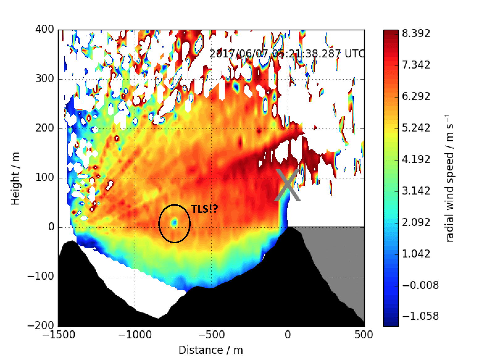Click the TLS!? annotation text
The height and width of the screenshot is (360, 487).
(x=205, y=209)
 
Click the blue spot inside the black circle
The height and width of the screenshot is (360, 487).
(x=175, y=222)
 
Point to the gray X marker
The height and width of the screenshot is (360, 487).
(x=287, y=185)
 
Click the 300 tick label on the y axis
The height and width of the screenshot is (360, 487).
(x=45, y=79)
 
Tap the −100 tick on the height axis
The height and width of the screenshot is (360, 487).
(x=40, y=276)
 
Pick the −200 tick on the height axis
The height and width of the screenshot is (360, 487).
(x=40, y=325)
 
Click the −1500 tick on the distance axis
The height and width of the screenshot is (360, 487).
(x=58, y=335)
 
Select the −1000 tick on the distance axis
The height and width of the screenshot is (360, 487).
(x=135, y=335)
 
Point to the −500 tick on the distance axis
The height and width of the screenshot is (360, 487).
(x=211, y=335)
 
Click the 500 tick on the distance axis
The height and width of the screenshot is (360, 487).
(x=364, y=335)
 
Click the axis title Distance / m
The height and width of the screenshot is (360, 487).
(x=211, y=350)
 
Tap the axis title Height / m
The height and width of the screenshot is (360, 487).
(x=16, y=178)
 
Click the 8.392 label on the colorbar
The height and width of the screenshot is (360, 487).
(x=416, y=33)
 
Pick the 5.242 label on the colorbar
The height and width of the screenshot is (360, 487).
(x=416, y=128)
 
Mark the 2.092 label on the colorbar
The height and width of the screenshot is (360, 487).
(x=416, y=222)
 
